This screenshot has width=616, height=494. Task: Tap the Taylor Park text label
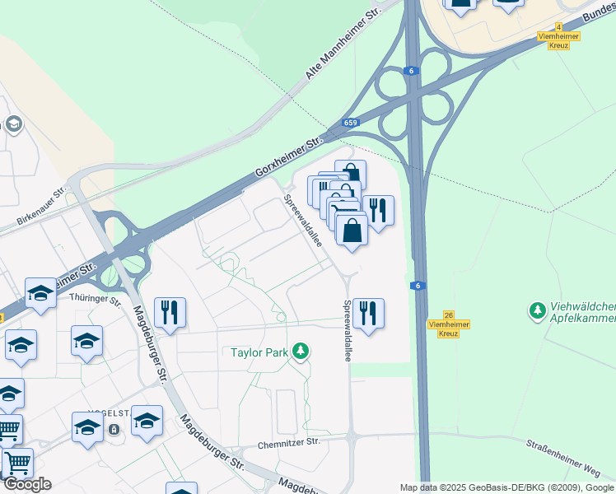(x=259, y=352)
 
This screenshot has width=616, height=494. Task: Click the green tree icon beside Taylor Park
(x=301, y=352)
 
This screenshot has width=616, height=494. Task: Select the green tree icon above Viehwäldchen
(x=537, y=310)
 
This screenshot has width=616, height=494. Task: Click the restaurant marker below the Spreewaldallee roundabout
(x=368, y=313)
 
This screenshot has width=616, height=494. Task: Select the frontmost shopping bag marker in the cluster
(x=352, y=230)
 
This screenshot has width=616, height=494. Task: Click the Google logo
(x=27, y=484)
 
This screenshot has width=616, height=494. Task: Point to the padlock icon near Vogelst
(x=114, y=429)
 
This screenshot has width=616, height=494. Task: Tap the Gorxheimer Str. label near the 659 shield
(x=288, y=156)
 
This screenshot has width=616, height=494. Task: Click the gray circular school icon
(x=13, y=124)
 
